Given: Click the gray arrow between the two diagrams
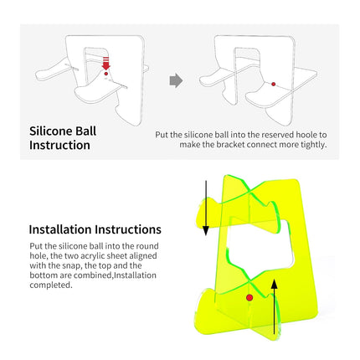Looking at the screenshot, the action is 176,80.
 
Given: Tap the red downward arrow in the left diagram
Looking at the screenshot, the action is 105,64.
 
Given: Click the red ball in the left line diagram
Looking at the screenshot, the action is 105,74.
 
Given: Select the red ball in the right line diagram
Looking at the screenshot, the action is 274,84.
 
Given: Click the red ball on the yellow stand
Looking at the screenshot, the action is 249,297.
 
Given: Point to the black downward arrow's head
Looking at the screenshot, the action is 206,230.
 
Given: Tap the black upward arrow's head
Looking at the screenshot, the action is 275,285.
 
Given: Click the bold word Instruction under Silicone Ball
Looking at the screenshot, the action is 59,145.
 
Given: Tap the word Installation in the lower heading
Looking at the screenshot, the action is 60,229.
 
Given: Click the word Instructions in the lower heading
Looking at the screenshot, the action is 128,229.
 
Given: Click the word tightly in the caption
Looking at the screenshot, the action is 313,145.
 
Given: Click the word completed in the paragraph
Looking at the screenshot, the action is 51,285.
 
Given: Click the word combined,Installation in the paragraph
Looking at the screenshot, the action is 115,275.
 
